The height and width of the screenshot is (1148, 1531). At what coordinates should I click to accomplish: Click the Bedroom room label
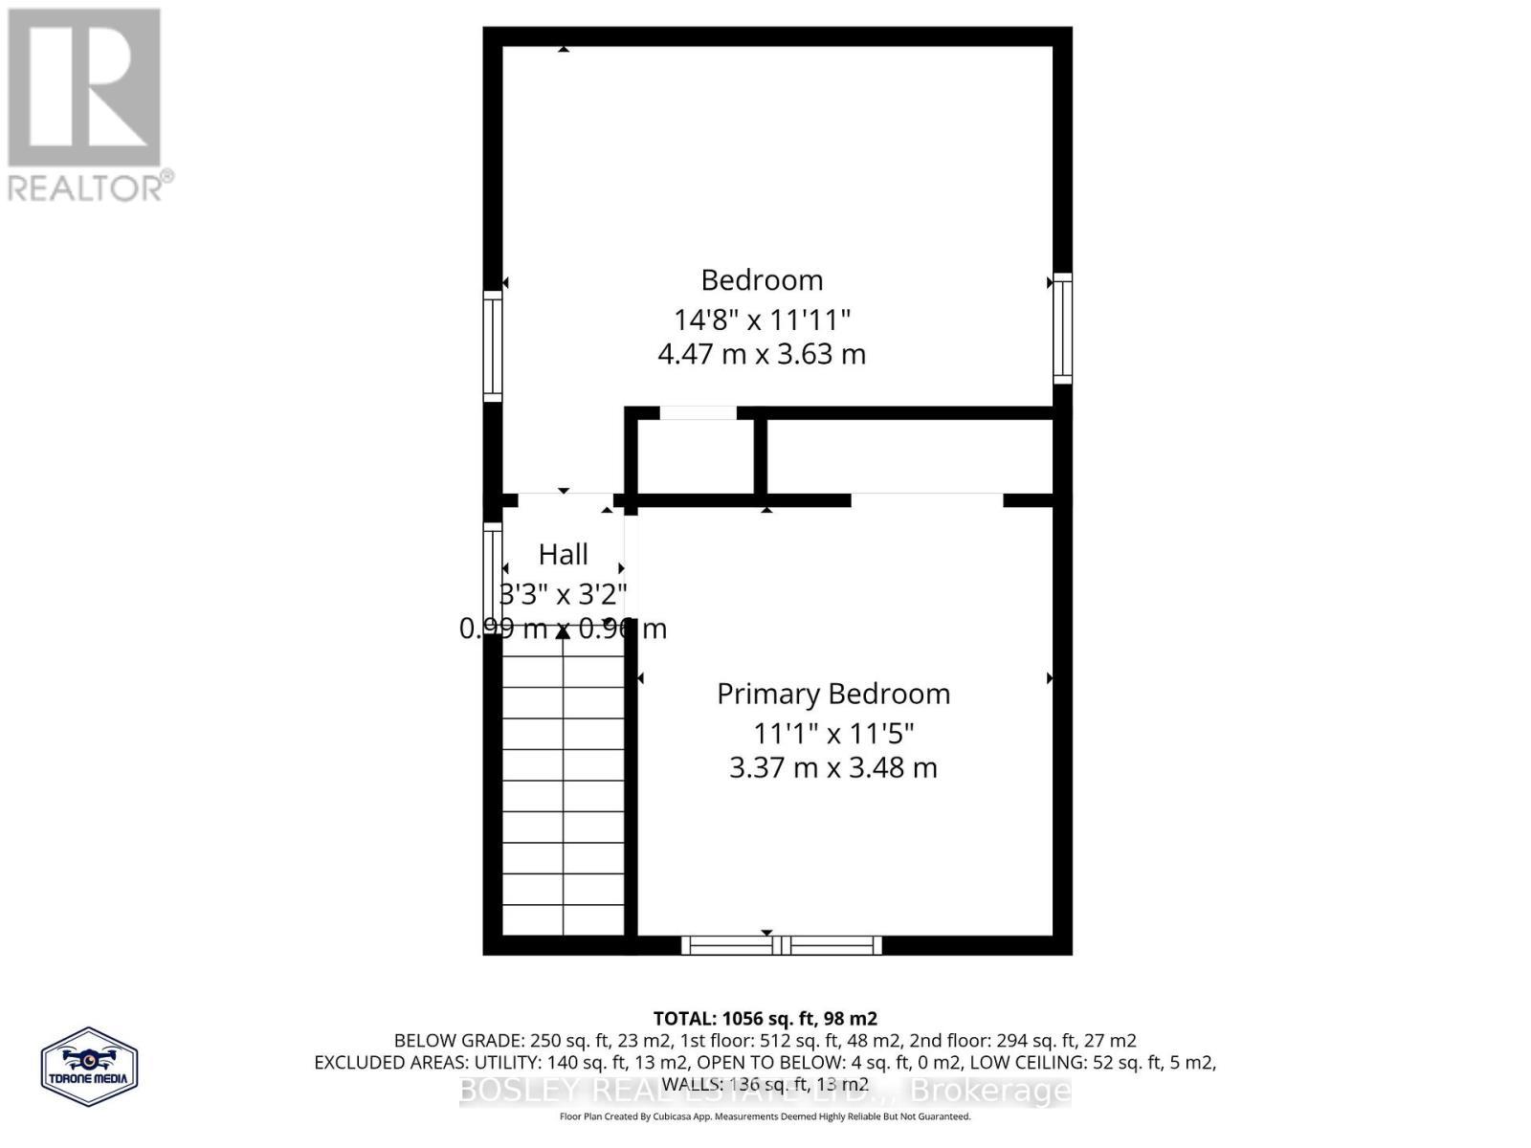point(762,280)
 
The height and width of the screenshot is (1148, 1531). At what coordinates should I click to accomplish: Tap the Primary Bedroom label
point(833,694)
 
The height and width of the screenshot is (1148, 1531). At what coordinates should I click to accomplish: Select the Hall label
point(563,554)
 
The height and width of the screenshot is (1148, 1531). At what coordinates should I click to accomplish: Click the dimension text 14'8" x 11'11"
point(762,319)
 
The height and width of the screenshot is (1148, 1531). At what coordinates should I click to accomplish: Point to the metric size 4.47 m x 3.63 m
point(762,354)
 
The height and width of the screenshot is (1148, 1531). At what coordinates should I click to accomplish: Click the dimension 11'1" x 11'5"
point(833,734)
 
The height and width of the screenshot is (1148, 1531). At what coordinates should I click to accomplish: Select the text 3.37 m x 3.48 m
point(833,767)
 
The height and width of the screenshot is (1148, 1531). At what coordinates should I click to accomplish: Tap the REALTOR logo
point(88,105)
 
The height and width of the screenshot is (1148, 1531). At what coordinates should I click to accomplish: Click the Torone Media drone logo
point(89,1066)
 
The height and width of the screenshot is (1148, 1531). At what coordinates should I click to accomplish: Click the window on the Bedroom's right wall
point(1062,328)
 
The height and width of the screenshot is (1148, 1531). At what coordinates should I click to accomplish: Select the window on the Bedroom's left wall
point(492,345)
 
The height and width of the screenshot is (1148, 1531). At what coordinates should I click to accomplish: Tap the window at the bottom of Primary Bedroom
point(782,945)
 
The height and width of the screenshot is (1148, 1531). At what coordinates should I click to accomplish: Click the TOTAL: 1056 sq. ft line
point(765,1019)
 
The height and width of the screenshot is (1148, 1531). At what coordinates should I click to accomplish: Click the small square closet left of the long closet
point(696,456)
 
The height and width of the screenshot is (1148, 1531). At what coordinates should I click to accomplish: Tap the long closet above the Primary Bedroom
point(909,456)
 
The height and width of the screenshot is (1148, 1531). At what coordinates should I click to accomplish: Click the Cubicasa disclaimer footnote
point(765,1116)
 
